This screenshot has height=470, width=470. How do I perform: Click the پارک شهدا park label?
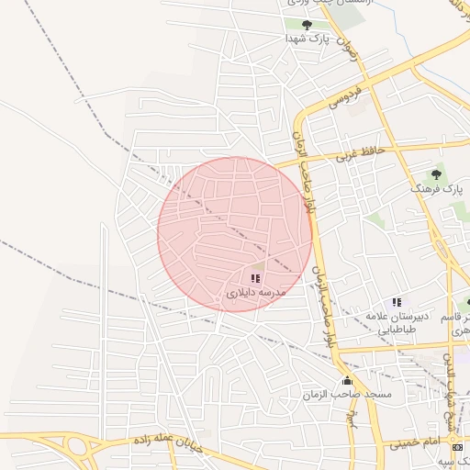[x=305, y=39]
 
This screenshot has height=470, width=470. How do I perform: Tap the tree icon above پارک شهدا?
[x=307, y=25]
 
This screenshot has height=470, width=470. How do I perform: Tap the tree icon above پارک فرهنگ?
[x=437, y=174]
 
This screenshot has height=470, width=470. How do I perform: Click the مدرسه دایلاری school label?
[x=256, y=292]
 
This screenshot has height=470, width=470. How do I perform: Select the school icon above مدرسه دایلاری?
[x=255, y=277]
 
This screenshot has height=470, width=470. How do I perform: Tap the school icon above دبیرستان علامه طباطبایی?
[x=397, y=302]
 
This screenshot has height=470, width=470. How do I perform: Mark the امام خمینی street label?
[x=418, y=444]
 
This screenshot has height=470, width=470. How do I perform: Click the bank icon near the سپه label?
[x=458, y=447]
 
